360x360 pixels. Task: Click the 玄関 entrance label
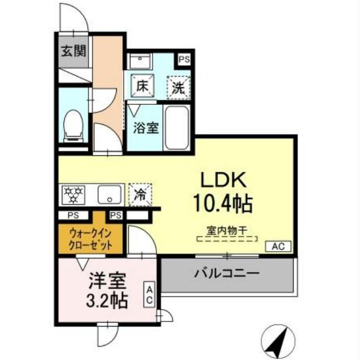(x=74, y=52)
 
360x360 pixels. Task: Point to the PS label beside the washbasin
(x=184, y=59)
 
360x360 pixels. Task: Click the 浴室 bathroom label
(x=146, y=128)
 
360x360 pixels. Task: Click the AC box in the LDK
(x=278, y=247)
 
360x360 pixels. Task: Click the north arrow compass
(x=277, y=340)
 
